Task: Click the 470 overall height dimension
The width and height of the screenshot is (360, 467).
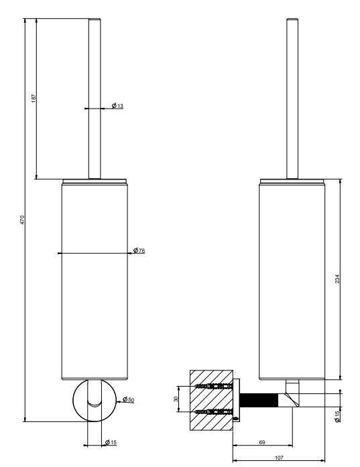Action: point(22,220)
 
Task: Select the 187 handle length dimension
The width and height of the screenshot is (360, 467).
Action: point(34,98)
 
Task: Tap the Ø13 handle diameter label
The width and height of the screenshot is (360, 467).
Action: point(117,106)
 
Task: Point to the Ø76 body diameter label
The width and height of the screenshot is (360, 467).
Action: point(139,251)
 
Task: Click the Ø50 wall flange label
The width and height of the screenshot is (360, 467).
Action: point(129,399)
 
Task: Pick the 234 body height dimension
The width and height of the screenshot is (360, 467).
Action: point(337,279)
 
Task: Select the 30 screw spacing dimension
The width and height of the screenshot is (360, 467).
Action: point(176,399)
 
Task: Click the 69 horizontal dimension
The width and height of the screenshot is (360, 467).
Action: point(262,442)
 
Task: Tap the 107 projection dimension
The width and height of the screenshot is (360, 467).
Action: point(279,458)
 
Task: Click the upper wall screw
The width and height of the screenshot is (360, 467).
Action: point(213,387)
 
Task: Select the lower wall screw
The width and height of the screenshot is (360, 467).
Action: point(213,412)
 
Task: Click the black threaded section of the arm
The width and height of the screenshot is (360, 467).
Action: point(259,400)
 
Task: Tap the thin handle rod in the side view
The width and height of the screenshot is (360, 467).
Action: point(292,98)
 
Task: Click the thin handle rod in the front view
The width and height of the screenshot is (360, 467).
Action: point(95,98)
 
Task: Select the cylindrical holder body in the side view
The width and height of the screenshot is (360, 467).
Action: point(292,279)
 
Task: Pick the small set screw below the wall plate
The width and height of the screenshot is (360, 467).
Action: point(237,419)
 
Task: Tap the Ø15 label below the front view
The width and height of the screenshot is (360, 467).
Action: point(111,442)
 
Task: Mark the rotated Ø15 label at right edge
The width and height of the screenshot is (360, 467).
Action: point(337,417)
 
